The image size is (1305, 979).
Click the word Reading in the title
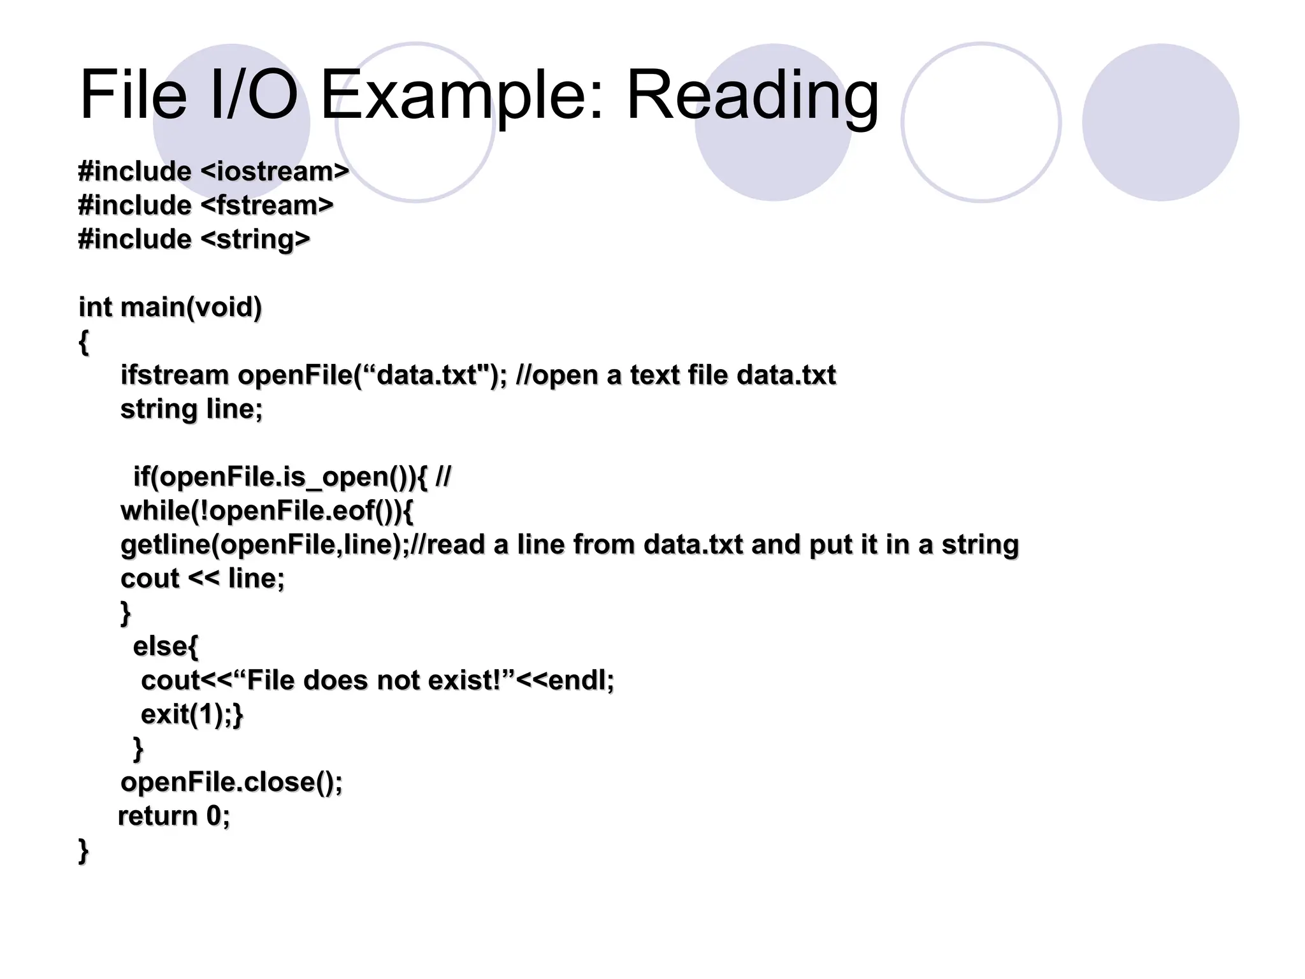tap(752, 96)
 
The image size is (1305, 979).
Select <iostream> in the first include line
tap(275, 171)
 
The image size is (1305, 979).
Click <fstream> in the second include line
tap(267, 205)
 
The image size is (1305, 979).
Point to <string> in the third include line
tap(255, 240)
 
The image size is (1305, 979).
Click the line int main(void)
tap(170, 307)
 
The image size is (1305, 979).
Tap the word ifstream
tap(175, 375)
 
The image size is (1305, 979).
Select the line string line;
tap(191, 409)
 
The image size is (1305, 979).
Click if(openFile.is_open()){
tap(281, 477)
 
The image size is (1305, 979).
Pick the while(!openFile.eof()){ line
tap(267, 511)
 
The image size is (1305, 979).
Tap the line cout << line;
tap(203, 578)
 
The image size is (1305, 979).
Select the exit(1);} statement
tap(192, 714)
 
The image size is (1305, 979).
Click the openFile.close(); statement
tap(231, 782)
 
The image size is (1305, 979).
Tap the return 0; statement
tap(174, 816)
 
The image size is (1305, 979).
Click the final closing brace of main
tap(83, 850)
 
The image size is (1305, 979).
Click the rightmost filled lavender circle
tap(1160, 122)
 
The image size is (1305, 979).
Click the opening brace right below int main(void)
tap(83, 342)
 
